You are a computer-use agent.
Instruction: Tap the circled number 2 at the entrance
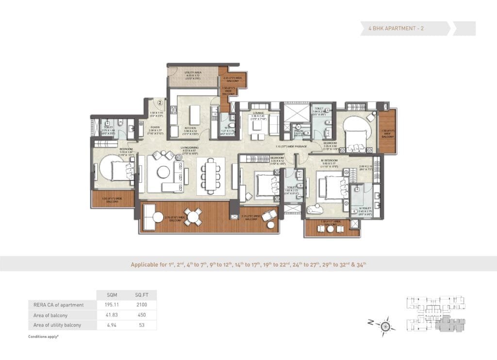pyautogui.click(x=160, y=103)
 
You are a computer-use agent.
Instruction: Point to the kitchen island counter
pyautogui.click(x=195, y=115)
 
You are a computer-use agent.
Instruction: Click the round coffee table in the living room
pyautogui.click(x=164, y=172)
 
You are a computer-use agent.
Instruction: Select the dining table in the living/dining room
pyautogui.click(x=211, y=176)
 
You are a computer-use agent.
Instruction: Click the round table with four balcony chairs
pyautogui.click(x=193, y=216)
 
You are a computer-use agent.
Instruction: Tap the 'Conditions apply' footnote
pyautogui.click(x=44, y=337)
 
